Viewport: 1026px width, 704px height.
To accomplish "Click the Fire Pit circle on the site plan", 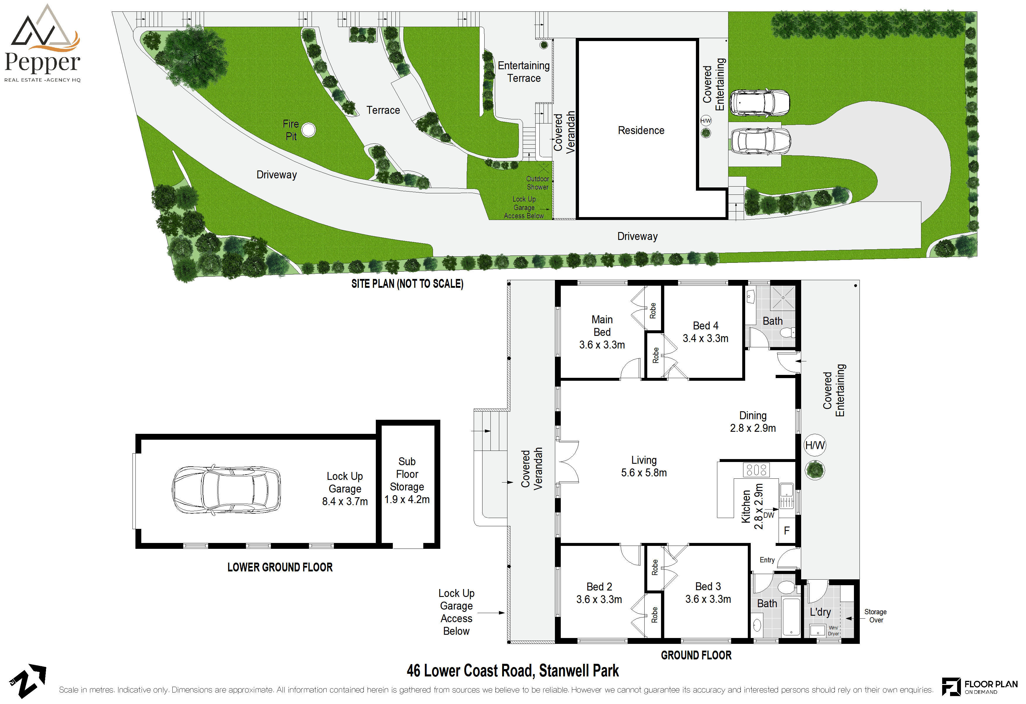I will pyautogui.click(x=309, y=130).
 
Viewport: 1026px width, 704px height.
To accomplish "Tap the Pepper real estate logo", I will pyautogui.click(x=43, y=44).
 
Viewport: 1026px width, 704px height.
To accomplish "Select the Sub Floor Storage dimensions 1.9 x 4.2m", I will pyautogui.click(x=407, y=500).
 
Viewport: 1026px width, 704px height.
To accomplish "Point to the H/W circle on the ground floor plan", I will pyautogui.click(x=815, y=445).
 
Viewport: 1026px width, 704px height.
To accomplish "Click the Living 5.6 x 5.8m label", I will pyautogui.click(x=644, y=466).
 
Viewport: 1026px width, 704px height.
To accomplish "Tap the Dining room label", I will pyautogui.click(x=753, y=422).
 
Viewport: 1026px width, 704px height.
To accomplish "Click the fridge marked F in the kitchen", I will pyautogui.click(x=786, y=531).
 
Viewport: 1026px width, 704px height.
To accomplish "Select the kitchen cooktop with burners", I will pyautogui.click(x=756, y=470).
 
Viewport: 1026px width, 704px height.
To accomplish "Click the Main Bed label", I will pyautogui.click(x=602, y=326).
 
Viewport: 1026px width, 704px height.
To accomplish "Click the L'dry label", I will pyautogui.click(x=820, y=612).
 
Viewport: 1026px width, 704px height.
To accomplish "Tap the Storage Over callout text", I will pyautogui.click(x=875, y=616).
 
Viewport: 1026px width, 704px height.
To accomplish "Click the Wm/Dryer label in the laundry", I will pyautogui.click(x=833, y=631).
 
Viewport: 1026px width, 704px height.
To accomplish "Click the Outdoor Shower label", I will pyautogui.click(x=537, y=183).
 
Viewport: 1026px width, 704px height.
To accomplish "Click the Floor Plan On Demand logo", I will pyautogui.click(x=979, y=687).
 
